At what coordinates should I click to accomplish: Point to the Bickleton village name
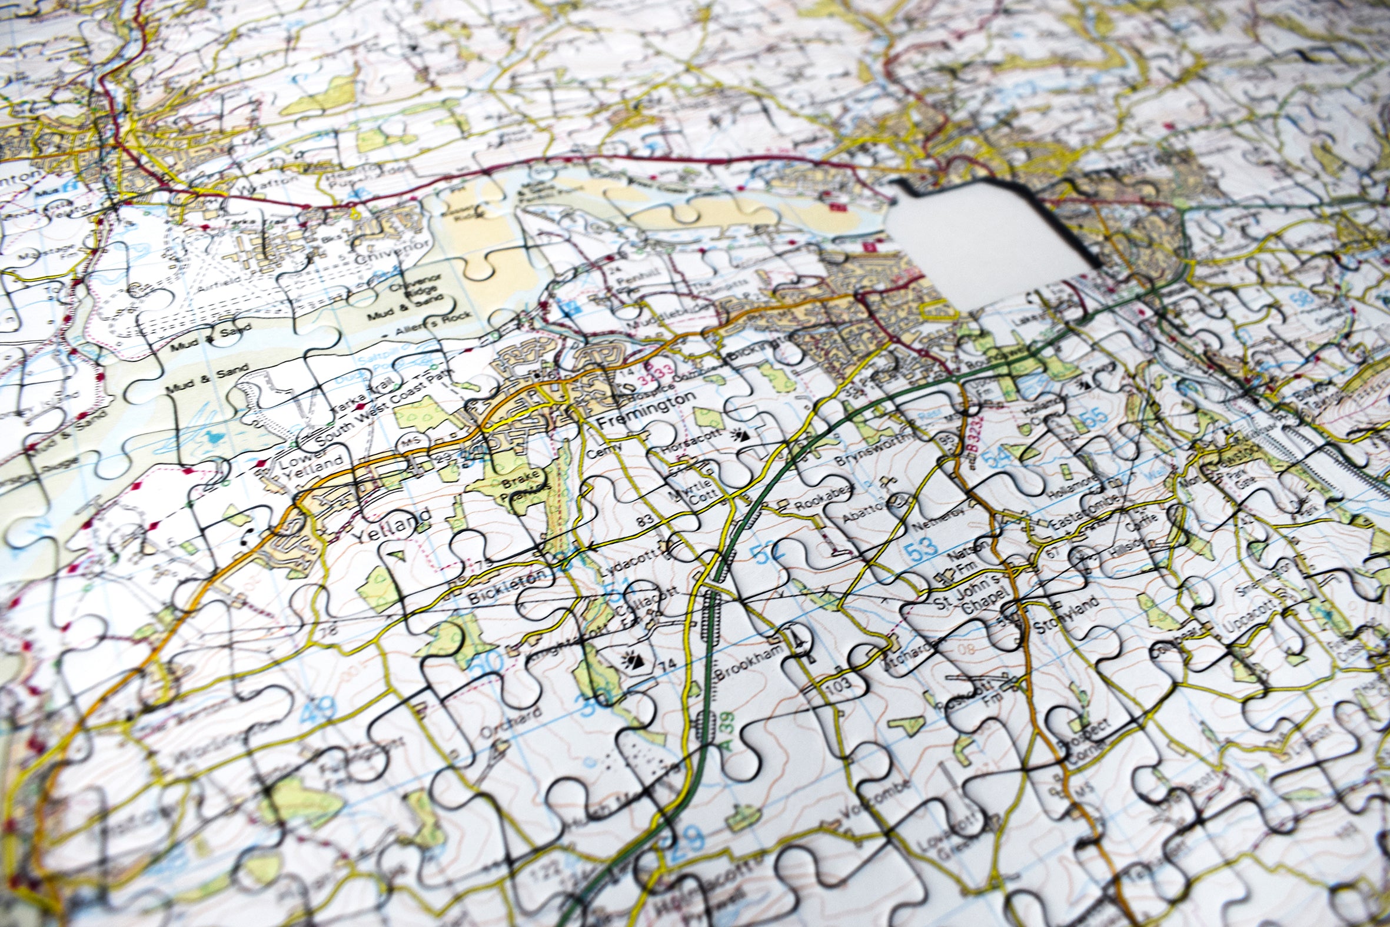(x=506, y=587)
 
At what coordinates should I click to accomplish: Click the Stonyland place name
(x=1067, y=616)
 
